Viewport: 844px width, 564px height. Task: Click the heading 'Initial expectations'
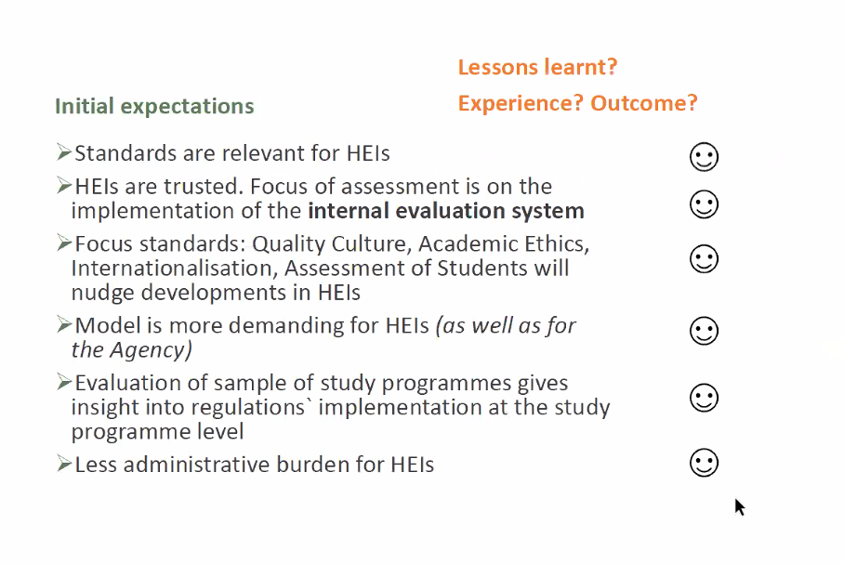pyautogui.click(x=154, y=107)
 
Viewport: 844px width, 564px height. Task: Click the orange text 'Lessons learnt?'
pyautogui.click(x=537, y=67)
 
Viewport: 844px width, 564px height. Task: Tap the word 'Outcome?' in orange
pyautogui.click(x=644, y=103)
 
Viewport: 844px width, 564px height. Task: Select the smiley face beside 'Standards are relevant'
pyautogui.click(x=704, y=157)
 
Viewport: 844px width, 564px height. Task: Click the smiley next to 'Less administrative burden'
pyautogui.click(x=704, y=463)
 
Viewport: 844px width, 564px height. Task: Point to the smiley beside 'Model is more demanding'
pyautogui.click(x=704, y=331)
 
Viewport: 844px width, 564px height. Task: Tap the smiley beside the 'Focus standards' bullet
pyautogui.click(x=704, y=259)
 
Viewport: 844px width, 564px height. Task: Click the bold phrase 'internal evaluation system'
pyautogui.click(x=446, y=211)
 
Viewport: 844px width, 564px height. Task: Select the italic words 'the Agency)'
pyautogui.click(x=132, y=350)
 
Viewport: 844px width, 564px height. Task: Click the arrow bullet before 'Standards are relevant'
pyautogui.click(x=63, y=152)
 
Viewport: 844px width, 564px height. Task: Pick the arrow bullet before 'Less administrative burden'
pyautogui.click(x=63, y=464)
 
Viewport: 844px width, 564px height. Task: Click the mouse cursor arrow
pyautogui.click(x=740, y=507)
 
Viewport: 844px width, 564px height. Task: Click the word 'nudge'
pyautogui.click(x=102, y=294)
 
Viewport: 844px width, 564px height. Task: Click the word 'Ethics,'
pyautogui.click(x=557, y=244)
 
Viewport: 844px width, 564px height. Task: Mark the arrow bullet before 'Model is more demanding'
pyautogui.click(x=63, y=324)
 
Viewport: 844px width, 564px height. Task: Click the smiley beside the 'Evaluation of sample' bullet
pyautogui.click(x=704, y=398)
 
